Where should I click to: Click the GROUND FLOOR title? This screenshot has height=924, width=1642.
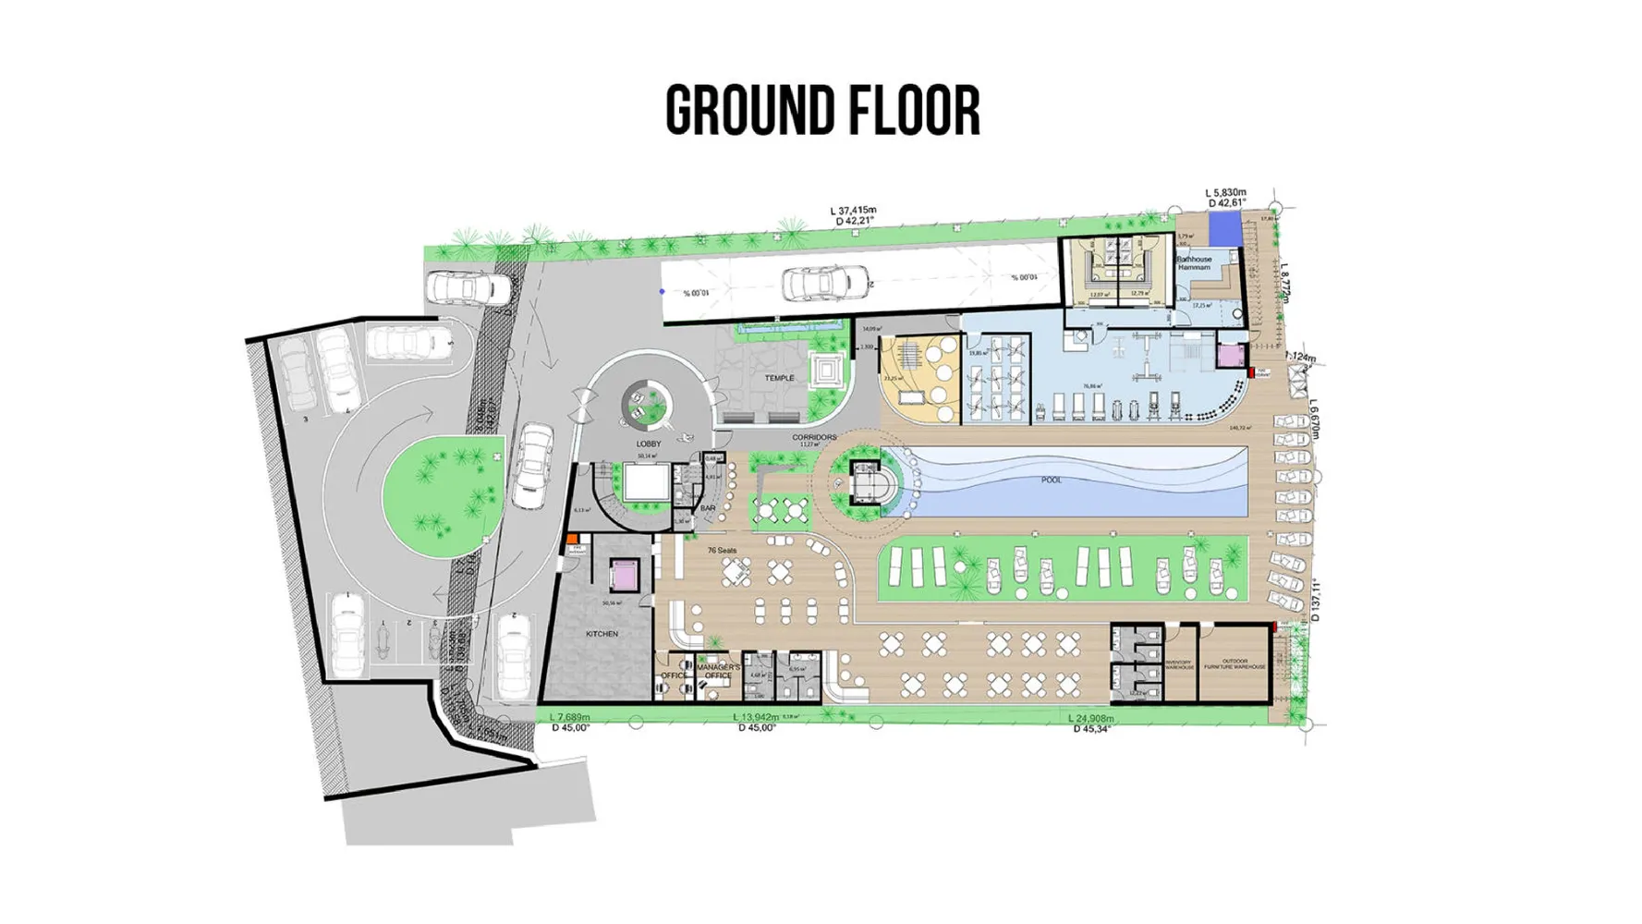click(x=821, y=111)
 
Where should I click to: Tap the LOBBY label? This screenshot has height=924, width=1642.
click(x=649, y=444)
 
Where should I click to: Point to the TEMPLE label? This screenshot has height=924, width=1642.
click(x=779, y=378)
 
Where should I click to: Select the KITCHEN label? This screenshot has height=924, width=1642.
click(x=602, y=634)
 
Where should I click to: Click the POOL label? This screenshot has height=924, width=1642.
click(x=1052, y=480)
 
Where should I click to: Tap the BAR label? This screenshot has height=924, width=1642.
click(x=708, y=508)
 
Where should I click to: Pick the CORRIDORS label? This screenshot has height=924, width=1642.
click(x=813, y=437)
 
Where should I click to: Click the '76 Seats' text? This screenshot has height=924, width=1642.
click(x=722, y=551)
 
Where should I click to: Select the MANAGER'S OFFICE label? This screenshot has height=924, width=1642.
click(x=718, y=671)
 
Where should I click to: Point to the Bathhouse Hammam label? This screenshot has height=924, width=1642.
click(x=1194, y=263)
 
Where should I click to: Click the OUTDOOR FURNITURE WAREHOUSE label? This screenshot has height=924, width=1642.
click(x=1235, y=663)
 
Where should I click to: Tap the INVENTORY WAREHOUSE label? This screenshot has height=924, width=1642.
click(x=1179, y=664)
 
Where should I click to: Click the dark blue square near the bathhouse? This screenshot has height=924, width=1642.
click(x=1224, y=229)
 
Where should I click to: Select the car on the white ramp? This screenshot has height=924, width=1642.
click(x=824, y=283)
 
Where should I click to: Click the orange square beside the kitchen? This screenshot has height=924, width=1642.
click(x=573, y=539)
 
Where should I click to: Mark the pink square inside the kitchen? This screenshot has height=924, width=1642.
click(x=624, y=575)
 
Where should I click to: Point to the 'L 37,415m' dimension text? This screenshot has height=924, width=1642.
click(x=853, y=211)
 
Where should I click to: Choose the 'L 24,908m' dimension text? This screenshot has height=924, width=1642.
click(x=1090, y=718)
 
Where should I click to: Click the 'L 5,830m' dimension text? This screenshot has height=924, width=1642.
click(x=1225, y=193)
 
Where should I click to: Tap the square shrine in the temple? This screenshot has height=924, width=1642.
click(x=825, y=371)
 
